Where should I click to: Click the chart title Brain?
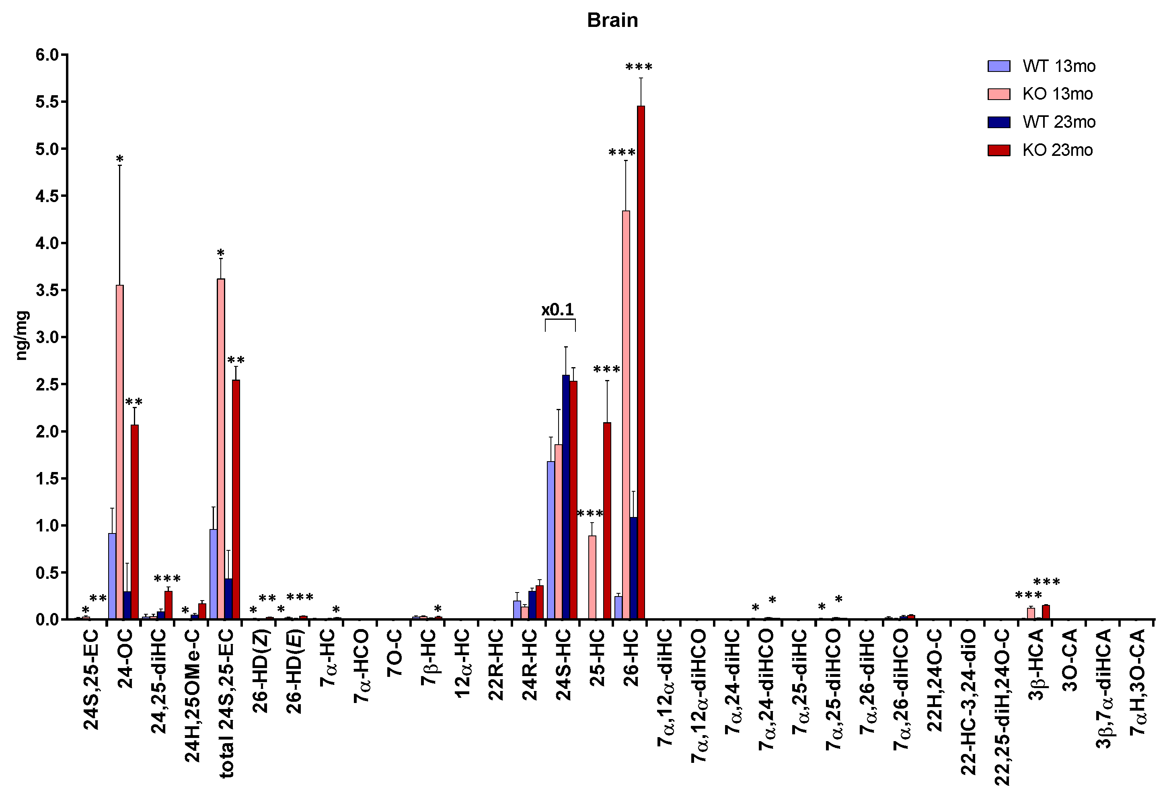612,20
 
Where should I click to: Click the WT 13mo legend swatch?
998,66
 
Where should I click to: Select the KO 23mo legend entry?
1057,150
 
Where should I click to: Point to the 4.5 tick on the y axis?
47,196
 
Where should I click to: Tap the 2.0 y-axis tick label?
47,431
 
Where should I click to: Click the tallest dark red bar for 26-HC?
641,362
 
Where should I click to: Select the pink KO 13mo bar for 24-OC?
120,452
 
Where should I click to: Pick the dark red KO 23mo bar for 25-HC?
607,521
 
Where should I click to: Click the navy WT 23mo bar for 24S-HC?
566,497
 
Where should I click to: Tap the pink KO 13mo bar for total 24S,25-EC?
221,449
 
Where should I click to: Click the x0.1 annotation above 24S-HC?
557,310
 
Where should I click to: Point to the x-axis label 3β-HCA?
1035,664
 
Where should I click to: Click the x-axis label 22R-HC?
496,664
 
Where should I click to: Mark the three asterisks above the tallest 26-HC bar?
639,67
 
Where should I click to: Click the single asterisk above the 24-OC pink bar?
119,159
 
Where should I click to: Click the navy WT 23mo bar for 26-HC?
633,568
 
